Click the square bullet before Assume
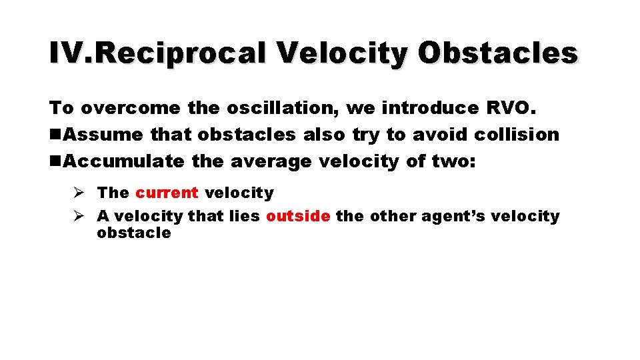click(57, 135)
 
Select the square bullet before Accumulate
click(57, 161)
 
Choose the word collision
click(517, 135)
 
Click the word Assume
click(104, 135)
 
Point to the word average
click(271, 161)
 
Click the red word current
click(167, 193)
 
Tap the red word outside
click(298, 216)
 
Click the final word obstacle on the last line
click(134, 233)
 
